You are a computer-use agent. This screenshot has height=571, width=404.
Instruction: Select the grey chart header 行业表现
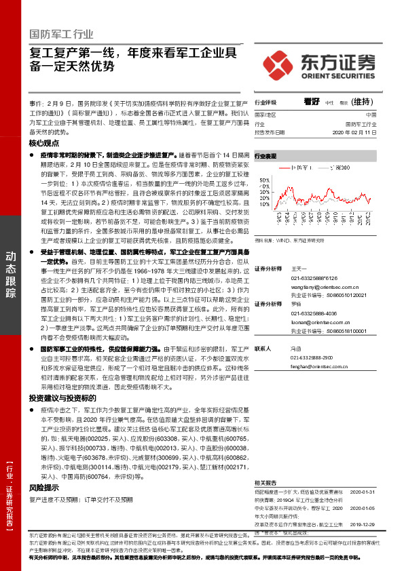265,155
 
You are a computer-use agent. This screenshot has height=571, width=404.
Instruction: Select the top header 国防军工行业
62,35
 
